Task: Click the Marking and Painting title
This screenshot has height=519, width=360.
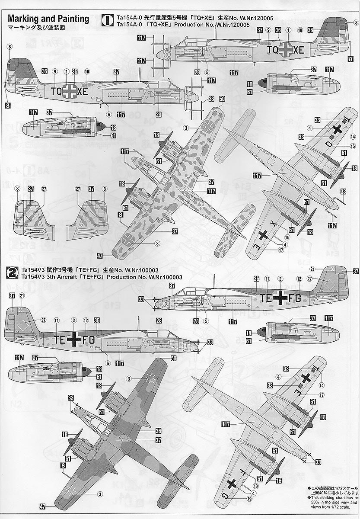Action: [x=48, y=19]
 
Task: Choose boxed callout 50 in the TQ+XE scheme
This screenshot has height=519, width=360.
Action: [x=222, y=99]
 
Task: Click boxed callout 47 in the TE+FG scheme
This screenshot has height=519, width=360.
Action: [x=42, y=506]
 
